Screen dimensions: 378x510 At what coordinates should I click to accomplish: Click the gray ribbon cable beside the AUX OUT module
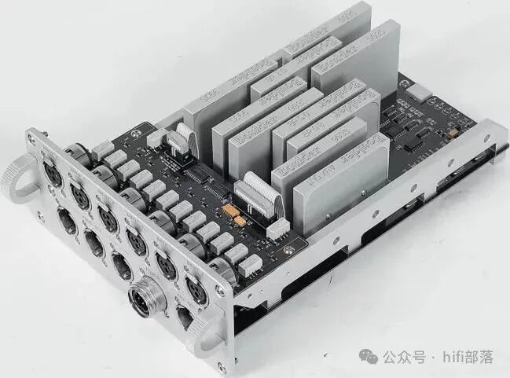[259, 192]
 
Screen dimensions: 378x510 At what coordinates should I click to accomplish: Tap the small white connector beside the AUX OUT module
[277, 229]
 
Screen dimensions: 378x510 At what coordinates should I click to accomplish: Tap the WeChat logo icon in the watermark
[369, 357]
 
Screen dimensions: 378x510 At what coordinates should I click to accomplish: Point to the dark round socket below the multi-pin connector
[184, 318]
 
